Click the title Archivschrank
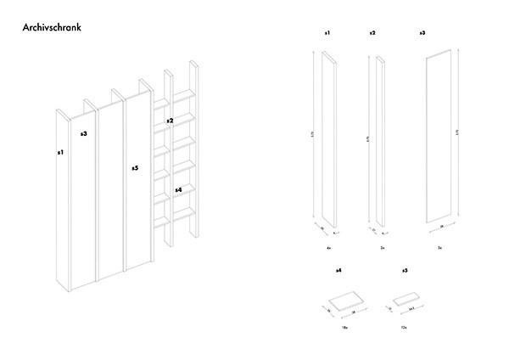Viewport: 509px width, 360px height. pos(54,29)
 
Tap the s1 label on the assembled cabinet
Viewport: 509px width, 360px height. pos(60,153)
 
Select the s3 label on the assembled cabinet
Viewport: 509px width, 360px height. pos(84,134)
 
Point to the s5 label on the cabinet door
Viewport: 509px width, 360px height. pos(135,169)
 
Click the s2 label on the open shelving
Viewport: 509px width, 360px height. pos(170,121)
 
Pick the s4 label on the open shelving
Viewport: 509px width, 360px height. pos(177,189)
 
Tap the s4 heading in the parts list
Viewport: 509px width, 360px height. pos(338,270)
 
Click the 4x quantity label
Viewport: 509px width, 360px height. pos(327,247)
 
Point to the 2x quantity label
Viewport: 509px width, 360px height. pos(383,247)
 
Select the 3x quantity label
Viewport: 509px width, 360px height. pos(439,247)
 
